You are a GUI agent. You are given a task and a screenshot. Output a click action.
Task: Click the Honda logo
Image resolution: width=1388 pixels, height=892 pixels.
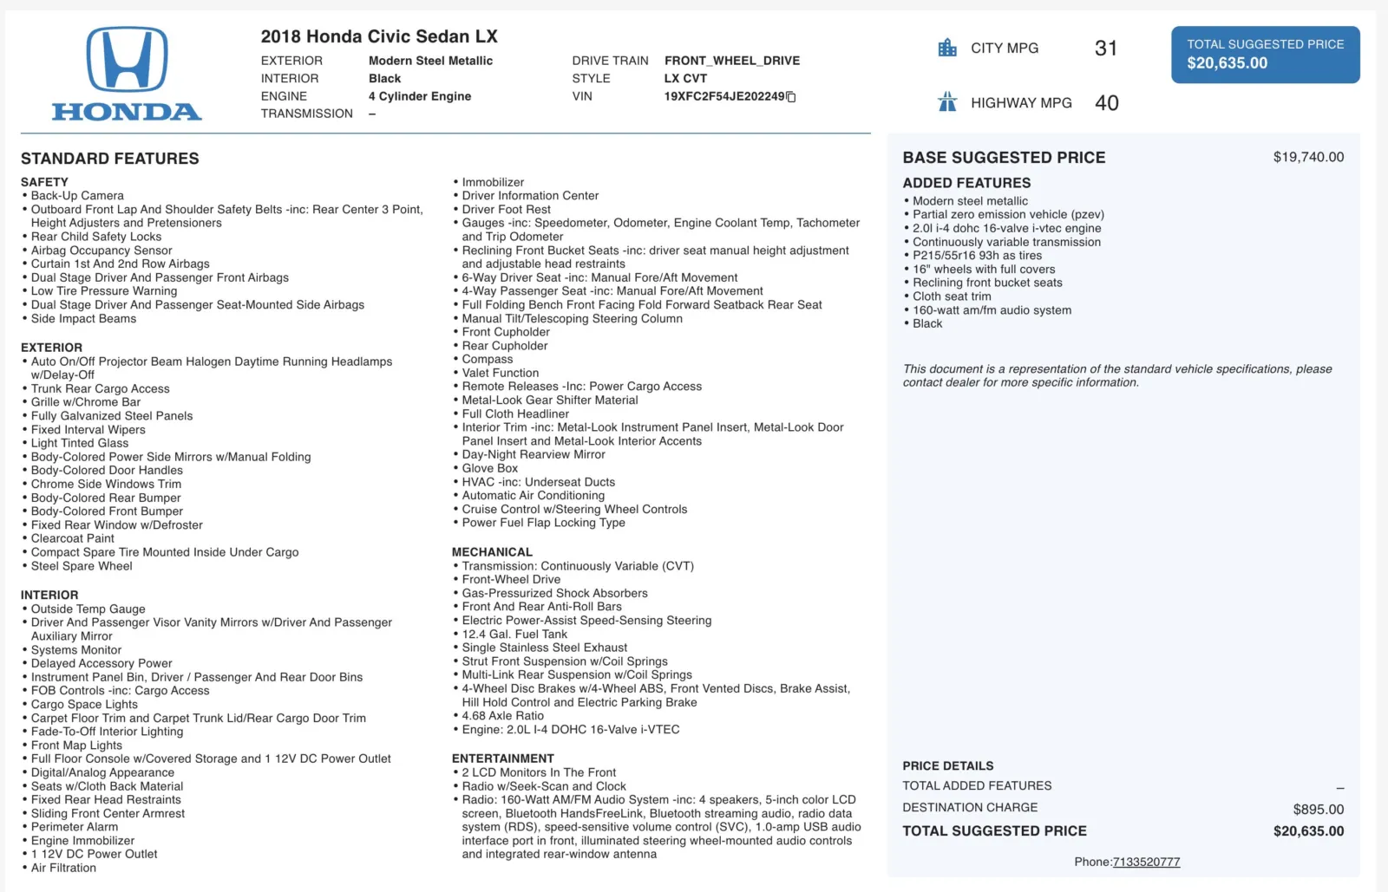(x=127, y=73)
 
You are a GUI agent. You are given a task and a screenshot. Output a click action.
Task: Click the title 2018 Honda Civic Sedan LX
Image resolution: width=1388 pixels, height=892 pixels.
(x=379, y=36)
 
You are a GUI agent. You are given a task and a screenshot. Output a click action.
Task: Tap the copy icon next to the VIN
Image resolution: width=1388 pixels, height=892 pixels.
(x=791, y=97)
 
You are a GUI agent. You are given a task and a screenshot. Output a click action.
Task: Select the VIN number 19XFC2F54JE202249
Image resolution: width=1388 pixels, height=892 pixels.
(x=723, y=96)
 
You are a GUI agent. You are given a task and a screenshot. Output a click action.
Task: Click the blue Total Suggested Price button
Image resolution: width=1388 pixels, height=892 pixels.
(x=1265, y=55)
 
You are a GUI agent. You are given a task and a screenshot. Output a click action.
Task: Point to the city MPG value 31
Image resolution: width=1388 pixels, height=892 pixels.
(x=1106, y=49)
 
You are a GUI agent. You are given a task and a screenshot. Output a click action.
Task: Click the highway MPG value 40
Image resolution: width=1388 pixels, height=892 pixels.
(x=1107, y=103)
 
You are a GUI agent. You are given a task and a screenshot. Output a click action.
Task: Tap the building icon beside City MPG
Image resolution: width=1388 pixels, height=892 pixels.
(x=947, y=48)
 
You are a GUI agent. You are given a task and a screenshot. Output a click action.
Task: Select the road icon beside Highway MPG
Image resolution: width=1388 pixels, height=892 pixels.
(x=947, y=102)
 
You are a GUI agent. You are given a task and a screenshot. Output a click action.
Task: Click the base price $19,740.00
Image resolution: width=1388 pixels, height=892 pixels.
(x=1308, y=157)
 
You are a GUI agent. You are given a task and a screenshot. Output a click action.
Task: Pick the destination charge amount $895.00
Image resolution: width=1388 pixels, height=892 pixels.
(x=1318, y=809)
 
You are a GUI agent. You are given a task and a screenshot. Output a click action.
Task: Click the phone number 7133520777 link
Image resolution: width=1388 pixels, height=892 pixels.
(x=1146, y=862)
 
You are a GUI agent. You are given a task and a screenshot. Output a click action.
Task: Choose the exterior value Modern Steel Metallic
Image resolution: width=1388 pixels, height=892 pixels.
(x=430, y=61)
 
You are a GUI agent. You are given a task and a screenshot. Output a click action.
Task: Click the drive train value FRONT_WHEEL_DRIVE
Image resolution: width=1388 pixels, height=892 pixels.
(x=732, y=61)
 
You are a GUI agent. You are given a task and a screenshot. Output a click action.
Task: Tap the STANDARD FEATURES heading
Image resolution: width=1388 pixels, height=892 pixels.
(x=110, y=159)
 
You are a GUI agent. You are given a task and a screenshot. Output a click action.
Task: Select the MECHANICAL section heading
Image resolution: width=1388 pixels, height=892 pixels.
(x=492, y=552)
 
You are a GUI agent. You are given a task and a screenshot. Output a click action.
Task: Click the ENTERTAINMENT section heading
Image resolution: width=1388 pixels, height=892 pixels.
(x=502, y=759)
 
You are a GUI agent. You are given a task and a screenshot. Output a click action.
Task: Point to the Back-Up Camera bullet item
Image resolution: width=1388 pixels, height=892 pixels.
(x=77, y=196)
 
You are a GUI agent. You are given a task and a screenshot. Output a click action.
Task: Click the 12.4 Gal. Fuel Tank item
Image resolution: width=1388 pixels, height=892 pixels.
(x=514, y=634)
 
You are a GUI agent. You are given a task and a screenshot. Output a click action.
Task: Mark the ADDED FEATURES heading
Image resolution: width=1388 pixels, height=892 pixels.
(x=966, y=183)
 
